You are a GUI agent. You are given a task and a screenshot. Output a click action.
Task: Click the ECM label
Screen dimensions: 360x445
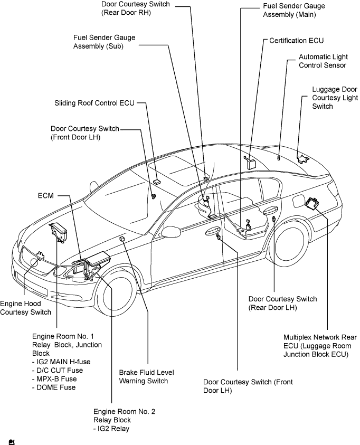[46, 195]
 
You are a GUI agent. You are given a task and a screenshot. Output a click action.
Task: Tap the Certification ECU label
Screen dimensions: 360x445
[297, 41]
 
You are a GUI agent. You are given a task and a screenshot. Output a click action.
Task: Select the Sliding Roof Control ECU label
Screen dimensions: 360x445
[94, 103]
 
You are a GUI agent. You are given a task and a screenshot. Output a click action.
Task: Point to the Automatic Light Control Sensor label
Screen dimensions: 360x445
[323, 61]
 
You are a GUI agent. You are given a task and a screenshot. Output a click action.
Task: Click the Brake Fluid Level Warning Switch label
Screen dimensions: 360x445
[146, 376]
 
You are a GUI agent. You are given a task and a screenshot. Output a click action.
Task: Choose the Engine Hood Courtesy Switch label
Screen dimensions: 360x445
[25, 308]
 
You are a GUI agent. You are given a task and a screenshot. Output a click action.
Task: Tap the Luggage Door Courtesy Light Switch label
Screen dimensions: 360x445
[335, 98]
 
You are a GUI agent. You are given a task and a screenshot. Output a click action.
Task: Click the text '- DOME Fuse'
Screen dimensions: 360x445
[54, 387]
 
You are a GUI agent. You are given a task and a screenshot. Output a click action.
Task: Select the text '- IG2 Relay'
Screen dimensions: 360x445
[111, 429]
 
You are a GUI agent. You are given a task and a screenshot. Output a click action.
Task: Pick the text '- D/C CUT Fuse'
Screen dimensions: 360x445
[58, 371]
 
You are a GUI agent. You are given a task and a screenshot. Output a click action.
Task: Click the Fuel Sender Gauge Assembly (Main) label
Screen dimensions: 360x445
[294, 10]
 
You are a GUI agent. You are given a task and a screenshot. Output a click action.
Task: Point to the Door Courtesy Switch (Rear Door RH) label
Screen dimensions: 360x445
[136, 8]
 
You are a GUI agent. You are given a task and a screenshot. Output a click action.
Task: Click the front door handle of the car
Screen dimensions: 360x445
[212, 231]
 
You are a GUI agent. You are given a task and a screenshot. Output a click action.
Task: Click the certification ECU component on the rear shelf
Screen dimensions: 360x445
[250, 163]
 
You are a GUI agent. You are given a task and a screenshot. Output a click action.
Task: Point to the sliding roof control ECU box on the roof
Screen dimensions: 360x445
[157, 181]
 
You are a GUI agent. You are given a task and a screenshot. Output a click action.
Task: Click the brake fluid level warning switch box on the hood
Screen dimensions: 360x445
[122, 239]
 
